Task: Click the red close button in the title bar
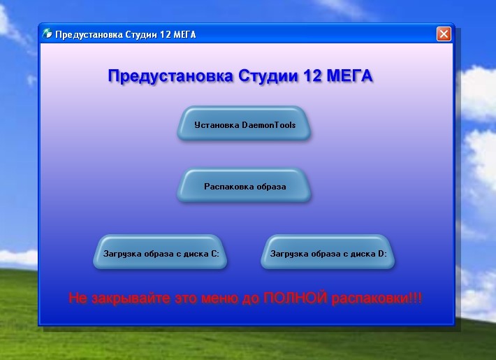(x=444, y=34)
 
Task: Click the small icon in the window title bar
(x=47, y=34)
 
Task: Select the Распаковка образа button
(x=244, y=185)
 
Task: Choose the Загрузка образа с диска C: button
(x=160, y=252)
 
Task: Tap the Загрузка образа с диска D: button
(x=328, y=252)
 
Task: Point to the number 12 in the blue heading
(x=312, y=75)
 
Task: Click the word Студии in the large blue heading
(x=268, y=76)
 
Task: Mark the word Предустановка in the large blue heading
(x=170, y=76)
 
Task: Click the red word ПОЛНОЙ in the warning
(x=295, y=298)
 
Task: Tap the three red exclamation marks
(x=415, y=298)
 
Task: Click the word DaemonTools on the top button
(x=268, y=124)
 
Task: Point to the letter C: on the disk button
(x=214, y=254)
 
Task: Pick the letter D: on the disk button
(x=382, y=254)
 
